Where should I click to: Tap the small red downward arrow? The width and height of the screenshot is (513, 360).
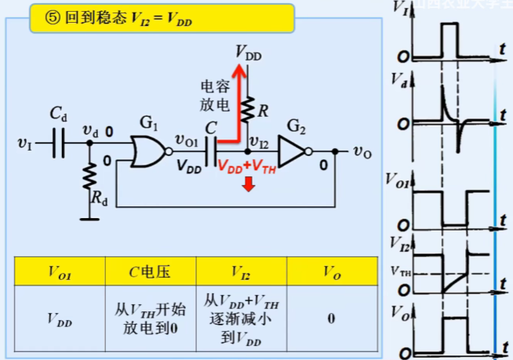[248, 185]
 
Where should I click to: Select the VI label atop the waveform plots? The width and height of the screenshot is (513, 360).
[400, 9]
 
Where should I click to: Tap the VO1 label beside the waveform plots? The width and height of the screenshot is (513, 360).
[402, 180]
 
